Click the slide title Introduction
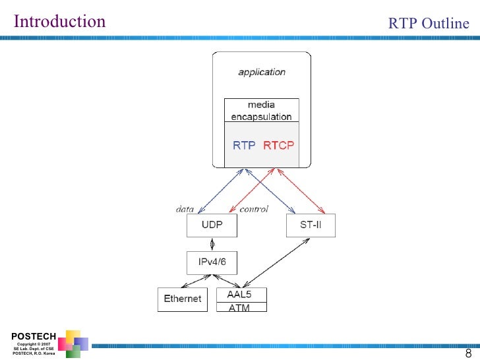[59, 22]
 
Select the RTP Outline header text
[429, 24]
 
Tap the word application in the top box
[262, 72]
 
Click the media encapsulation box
[261, 110]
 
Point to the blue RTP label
[244, 145]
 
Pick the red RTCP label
[279, 145]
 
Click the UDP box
[212, 225]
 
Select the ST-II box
[311, 225]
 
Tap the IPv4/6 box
[212, 262]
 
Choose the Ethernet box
[183, 299]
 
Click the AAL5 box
[242, 295]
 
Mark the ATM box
[242, 307]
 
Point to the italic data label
[185, 209]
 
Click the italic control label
[253, 209]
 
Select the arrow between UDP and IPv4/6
[212, 244]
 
